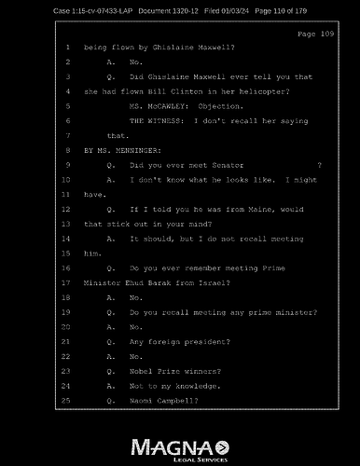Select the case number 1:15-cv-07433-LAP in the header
pyautogui.click(x=60, y=10)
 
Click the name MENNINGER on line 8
pyautogui.click(x=129, y=149)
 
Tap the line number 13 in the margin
pyautogui.click(x=67, y=224)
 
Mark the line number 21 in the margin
pyautogui.click(x=67, y=340)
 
